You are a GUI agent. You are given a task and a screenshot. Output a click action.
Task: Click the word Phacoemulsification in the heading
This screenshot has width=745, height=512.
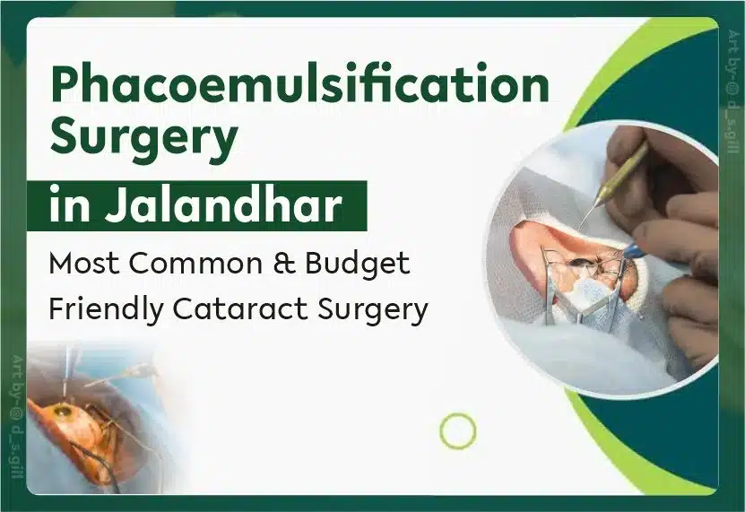(x=299, y=84)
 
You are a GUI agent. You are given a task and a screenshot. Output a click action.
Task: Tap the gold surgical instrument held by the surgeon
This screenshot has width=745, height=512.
(x=618, y=179)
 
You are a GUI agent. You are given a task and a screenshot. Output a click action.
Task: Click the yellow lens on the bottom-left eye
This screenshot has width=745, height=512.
(x=60, y=409)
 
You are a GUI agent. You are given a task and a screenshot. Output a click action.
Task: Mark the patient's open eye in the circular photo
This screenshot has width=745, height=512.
(x=580, y=263)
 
